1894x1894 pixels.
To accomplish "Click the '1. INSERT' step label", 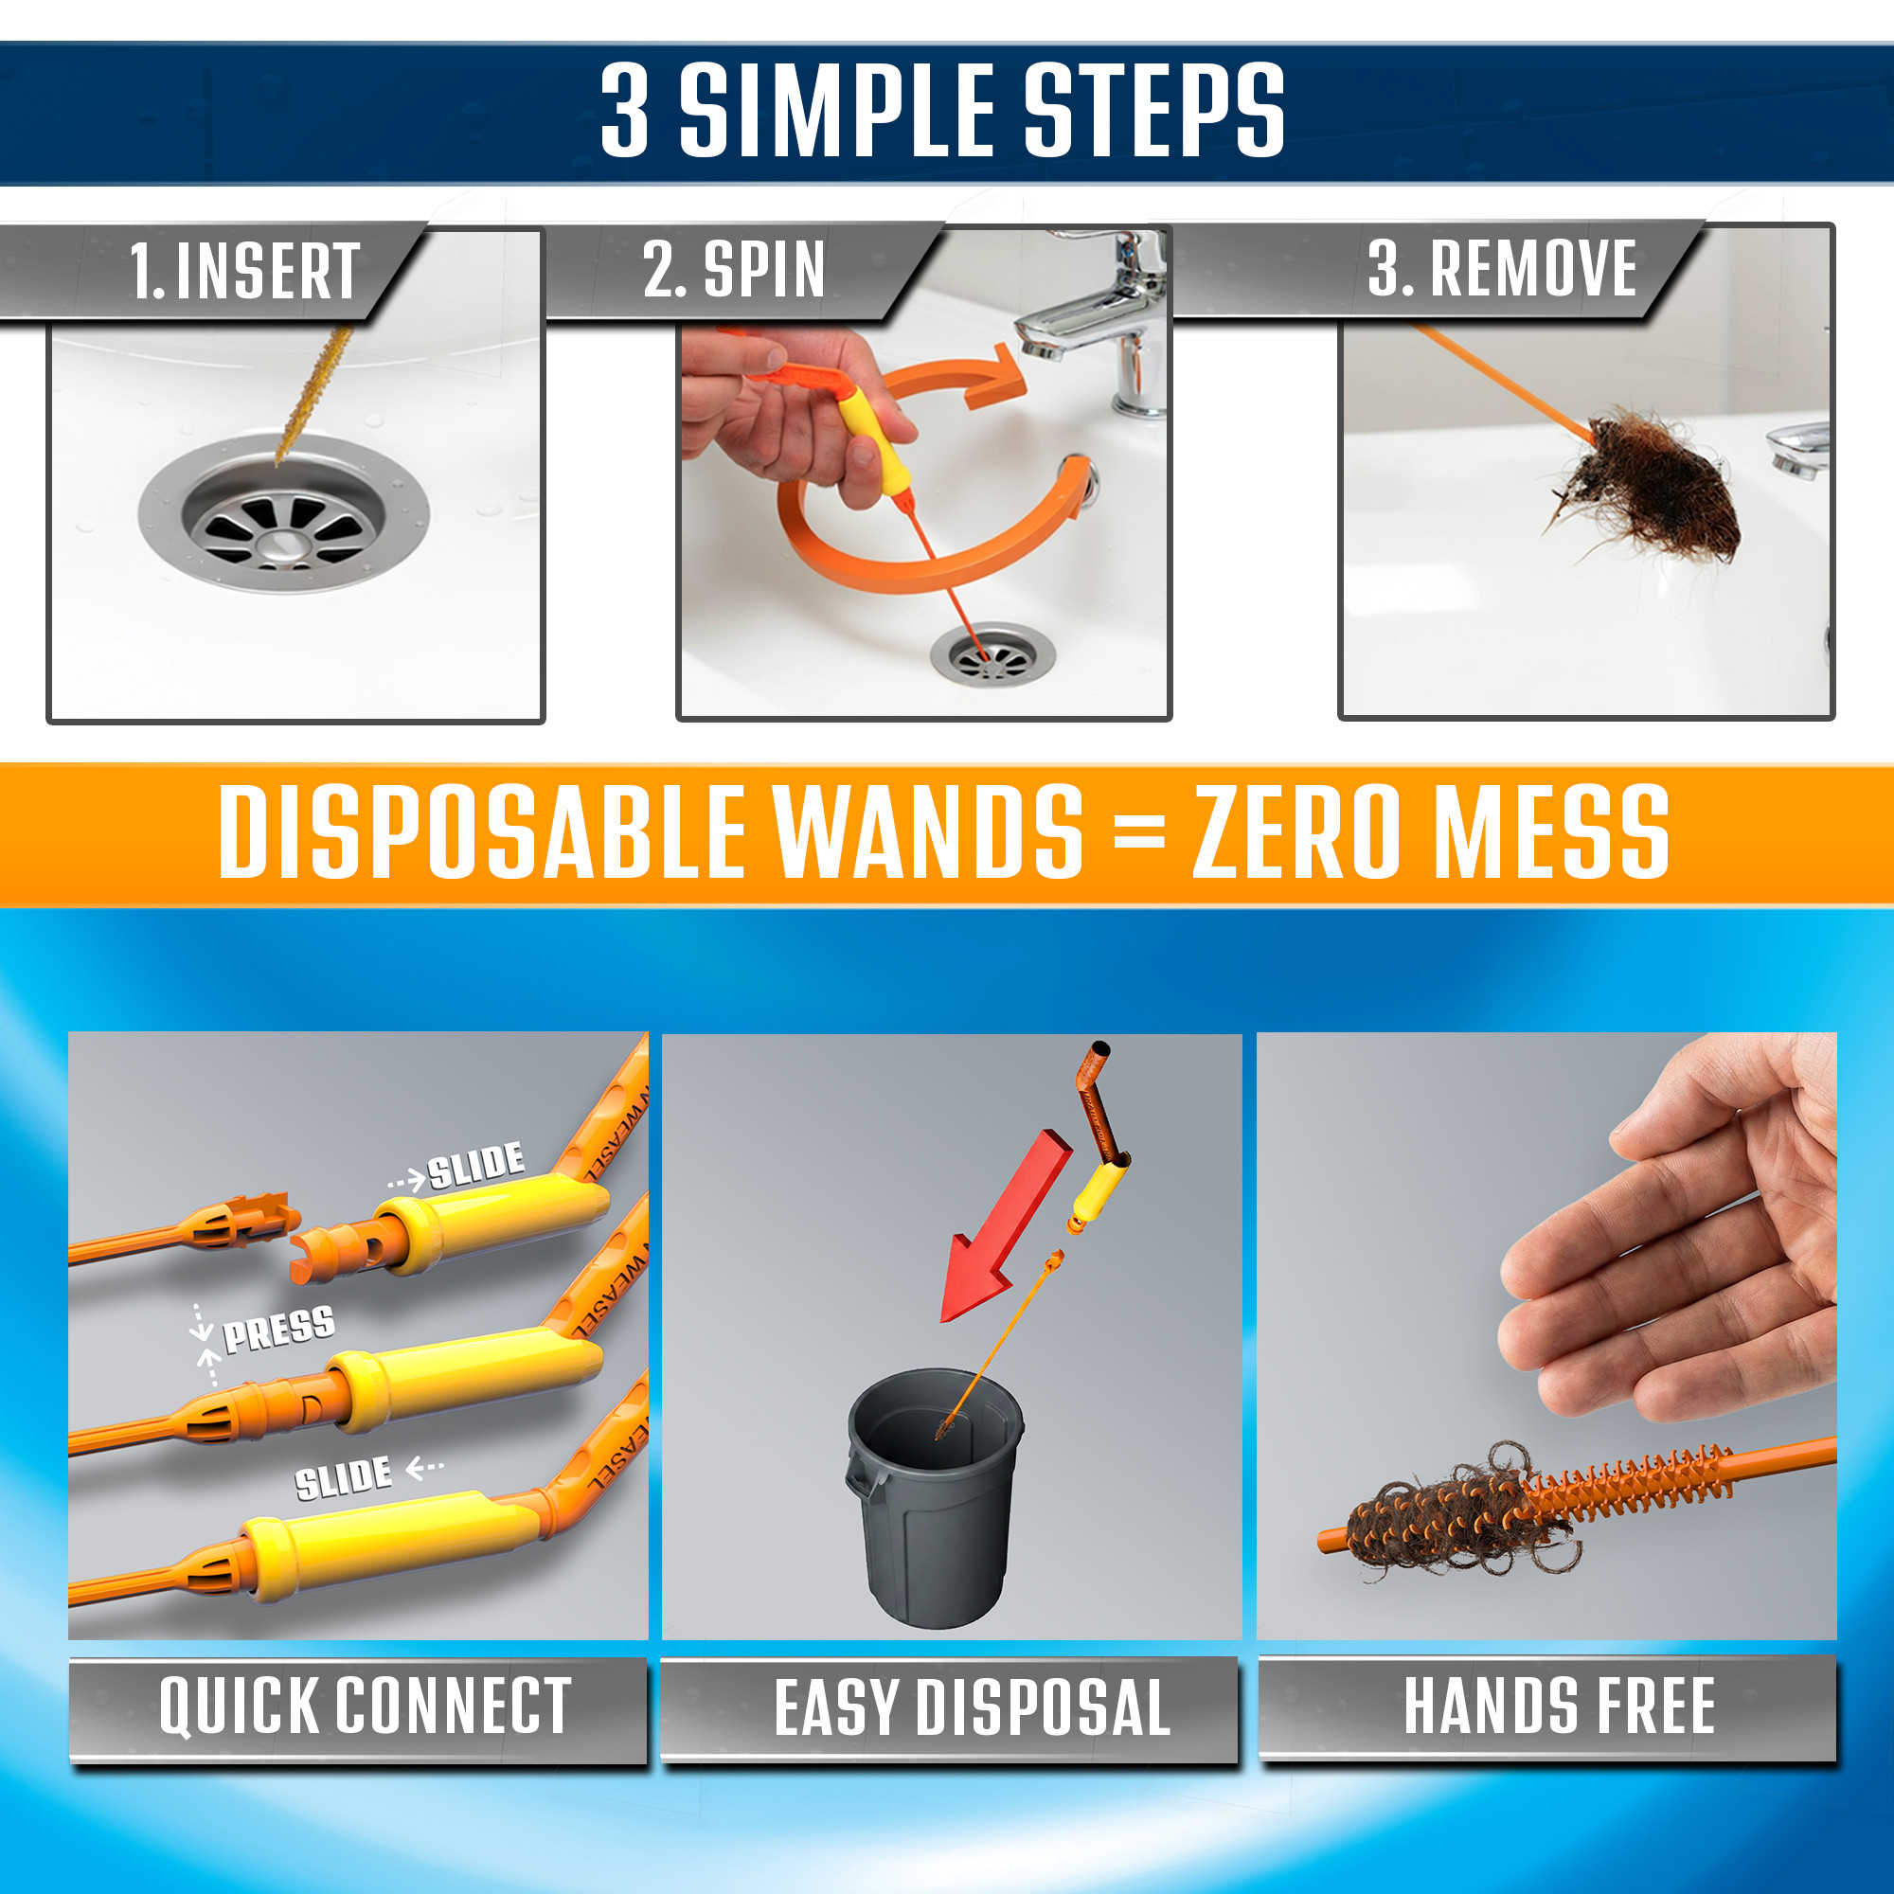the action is point(245,271).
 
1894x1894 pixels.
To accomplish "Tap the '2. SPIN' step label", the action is point(733,269).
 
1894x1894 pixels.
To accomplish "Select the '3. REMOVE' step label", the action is point(1502,268).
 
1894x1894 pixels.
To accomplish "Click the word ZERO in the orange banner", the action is point(1296,832).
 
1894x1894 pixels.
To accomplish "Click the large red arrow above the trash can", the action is point(1005,1226).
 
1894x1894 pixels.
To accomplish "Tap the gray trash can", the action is point(935,1496).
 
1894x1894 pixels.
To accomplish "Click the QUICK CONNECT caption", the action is point(365,1706).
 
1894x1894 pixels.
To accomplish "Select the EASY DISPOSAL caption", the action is point(972,1706).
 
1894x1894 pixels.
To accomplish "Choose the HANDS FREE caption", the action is point(1559,1705).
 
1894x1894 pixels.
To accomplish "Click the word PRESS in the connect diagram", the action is point(279,1330).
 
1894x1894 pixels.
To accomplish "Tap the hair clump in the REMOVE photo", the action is point(1647,491).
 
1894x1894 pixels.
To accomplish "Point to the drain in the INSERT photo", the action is point(283,513).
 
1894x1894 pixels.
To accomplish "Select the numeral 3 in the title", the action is point(625,109).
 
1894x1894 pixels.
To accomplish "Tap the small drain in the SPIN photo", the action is point(993,652).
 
